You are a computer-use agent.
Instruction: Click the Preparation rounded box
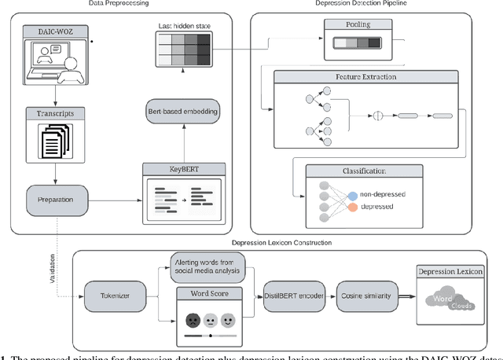55,199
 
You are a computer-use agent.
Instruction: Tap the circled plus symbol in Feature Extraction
376,116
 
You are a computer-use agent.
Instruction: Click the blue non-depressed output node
352,194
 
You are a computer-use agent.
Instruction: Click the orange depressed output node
352,208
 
